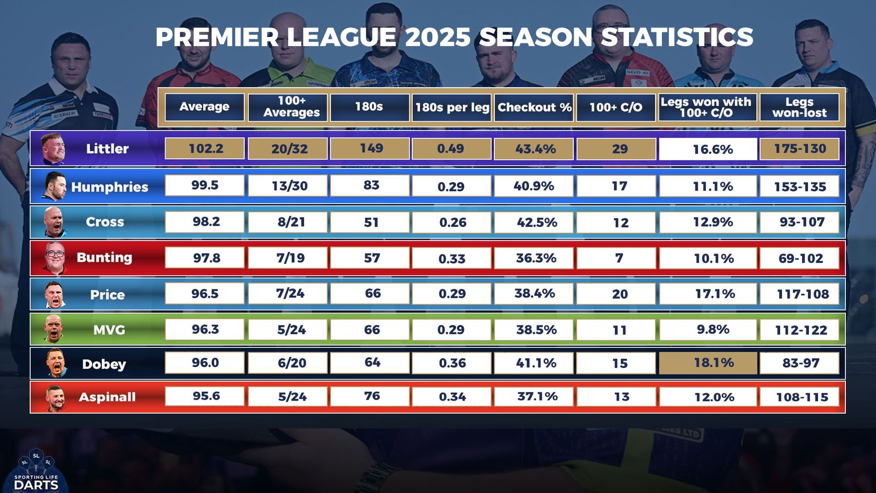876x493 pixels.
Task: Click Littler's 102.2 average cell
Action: click(205, 148)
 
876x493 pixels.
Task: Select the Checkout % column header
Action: click(534, 108)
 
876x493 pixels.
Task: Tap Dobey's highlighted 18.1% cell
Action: click(708, 363)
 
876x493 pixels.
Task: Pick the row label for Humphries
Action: click(109, 187)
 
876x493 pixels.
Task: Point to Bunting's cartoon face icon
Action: click(55, 257)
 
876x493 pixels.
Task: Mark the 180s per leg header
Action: click(452, 108)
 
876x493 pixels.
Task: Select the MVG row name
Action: click(109, 330)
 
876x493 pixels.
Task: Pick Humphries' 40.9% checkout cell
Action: click(534, 186)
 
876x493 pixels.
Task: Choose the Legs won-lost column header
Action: click(800, 108)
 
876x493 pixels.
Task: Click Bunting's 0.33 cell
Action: click(452, 258)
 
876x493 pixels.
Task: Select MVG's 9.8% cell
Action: click(708, 329)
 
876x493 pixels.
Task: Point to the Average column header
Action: click(204, 107)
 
